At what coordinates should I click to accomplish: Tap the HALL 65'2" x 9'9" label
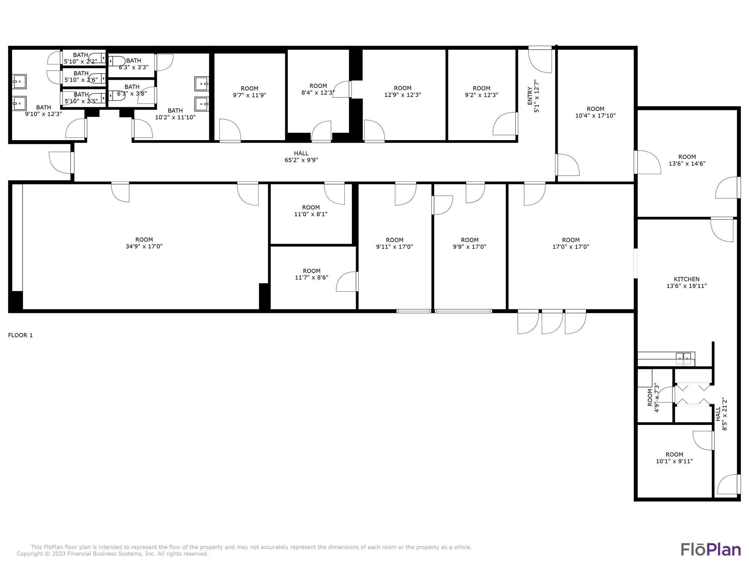tap(301, 157)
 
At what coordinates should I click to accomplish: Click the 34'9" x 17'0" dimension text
tap(144, 247)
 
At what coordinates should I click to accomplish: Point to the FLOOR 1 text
tap(20, 335)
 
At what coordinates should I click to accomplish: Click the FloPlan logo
tap(710, 550)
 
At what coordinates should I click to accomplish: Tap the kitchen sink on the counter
tap(683, 357)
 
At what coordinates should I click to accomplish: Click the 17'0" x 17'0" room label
tap(571, 243)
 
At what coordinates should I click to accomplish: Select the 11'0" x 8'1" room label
tap(311, 211)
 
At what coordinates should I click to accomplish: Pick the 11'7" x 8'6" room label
tap(312, 274)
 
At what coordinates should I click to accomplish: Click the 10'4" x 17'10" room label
tap(595, 112)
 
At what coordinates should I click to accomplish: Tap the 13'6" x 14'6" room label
tap(687, 160)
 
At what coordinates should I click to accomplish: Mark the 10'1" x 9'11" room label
tap(674, 458)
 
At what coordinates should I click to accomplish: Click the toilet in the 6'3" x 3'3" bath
tap(117, 61)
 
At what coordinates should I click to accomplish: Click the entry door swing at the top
tap(540, 60)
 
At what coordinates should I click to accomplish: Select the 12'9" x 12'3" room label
tap(403, 91)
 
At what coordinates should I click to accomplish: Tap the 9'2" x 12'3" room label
tap(481, 91)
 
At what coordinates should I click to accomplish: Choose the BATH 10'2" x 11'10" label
tap(175, 114)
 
